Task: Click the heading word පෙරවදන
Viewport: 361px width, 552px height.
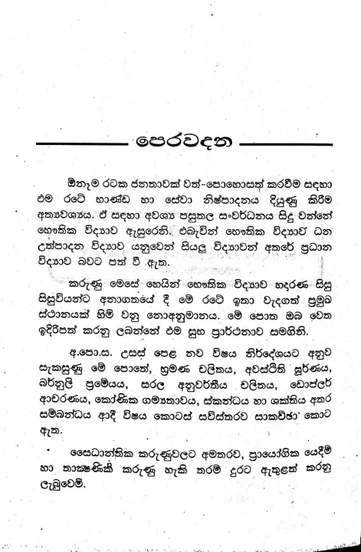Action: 180,143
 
